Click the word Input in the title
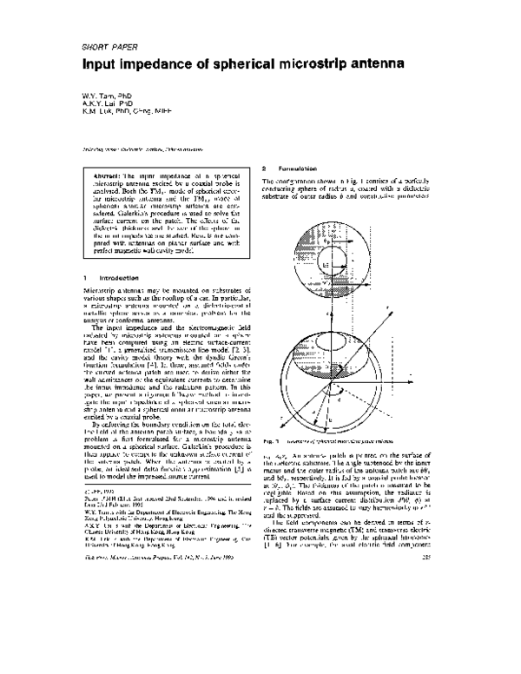coord(100,65)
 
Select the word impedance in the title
coord(159,65)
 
